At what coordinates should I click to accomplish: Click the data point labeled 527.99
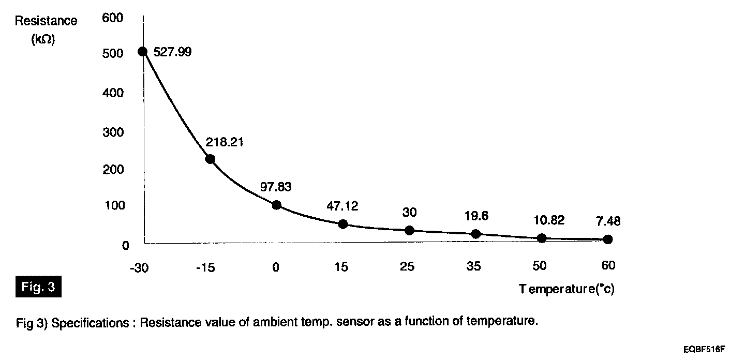point(143,52)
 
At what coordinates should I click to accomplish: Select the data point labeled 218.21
point(210,159)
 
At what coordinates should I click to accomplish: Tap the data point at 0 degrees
point(276,205)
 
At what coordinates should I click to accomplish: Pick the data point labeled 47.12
point(342,224)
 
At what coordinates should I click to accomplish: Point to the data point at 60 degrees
point(608,239)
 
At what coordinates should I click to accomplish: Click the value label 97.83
point(276,187)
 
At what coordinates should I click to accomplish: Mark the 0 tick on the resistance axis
point(125,246)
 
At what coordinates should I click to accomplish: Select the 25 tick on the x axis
point(409,267)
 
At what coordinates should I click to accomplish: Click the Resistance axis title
point(46,21)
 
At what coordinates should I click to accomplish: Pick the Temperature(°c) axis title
point(567,289)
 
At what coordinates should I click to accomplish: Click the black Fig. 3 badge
point(38,287)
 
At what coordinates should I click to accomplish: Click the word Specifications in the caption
point(91,323)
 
